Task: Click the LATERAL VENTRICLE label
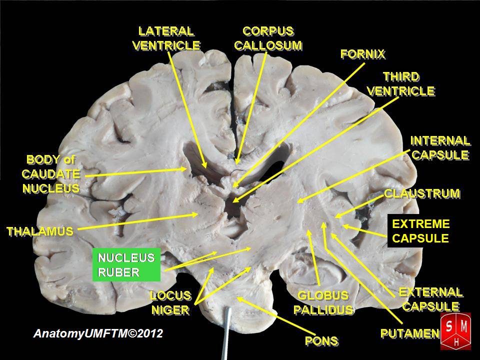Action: click(166, 38)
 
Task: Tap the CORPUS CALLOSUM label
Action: click(268, 38)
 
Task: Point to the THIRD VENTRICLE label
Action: click(401, 84)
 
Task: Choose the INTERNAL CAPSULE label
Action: click(440, 147)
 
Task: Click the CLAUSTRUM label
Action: click(421, 193)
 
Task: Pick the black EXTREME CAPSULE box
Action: click(420, 231)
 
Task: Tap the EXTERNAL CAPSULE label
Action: click(430, 298)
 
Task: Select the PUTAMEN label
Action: click(409, 333)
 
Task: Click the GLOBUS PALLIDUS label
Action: click(322, 302)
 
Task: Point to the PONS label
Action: click(321, 341)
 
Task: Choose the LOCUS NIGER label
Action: click(170, 302)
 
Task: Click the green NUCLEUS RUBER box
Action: click(126, 265)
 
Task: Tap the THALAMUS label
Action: click(40, 231)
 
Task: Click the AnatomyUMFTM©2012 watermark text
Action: click(98, 333)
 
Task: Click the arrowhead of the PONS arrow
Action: click(238, 298)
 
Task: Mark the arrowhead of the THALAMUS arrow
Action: click(197, 215)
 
